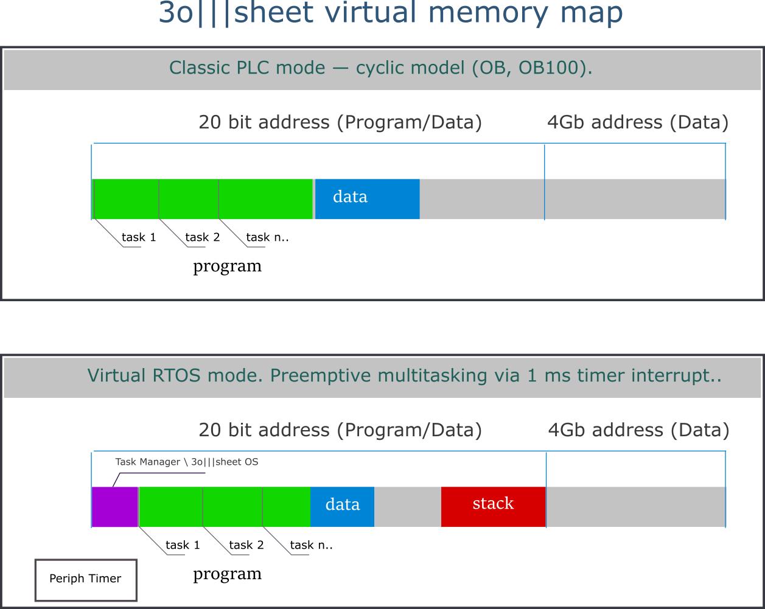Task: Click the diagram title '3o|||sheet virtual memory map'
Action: tap(390, 13)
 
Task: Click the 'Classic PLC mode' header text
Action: tap(380, 68)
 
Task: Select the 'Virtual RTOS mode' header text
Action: tap(404, 375)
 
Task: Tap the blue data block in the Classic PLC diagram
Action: tap(367, 199)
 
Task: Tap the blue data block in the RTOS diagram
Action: tap(342, 506)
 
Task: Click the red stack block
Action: tap(493, 506)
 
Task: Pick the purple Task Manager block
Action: tap(114, 507)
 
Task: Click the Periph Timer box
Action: tap(85, 579)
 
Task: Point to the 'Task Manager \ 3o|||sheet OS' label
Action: tap(186, 462)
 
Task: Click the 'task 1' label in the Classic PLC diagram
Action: tap(139, 237)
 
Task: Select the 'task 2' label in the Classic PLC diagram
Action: tap(202, 237)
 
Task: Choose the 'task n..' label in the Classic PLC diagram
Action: tap(267, 237)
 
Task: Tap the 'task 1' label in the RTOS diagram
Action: tap(183, 545)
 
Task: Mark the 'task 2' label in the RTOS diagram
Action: tap(246, 545)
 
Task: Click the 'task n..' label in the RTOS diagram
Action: tap(311, 545)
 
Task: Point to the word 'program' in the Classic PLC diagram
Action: tap(227, 266)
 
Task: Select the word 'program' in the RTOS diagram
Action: tap(227, 574)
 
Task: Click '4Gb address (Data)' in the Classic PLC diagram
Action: tap(637, 123)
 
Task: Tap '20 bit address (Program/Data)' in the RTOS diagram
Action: tap(340, 431)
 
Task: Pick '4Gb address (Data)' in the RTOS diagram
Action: tap(638, 431)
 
